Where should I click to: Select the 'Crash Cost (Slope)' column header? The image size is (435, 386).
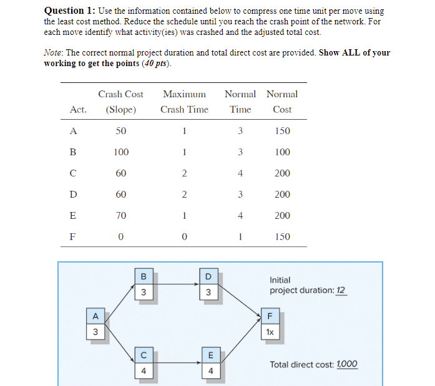coord(120,102)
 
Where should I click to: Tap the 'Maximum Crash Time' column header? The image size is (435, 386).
coord(184,102)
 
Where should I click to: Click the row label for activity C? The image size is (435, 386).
coord(74,173)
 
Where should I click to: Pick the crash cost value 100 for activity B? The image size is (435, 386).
coord(121,152)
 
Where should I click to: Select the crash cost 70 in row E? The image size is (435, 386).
coord(121,216)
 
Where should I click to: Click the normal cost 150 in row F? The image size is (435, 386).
coord(282,237)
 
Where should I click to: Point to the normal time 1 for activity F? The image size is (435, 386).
coord(240,237)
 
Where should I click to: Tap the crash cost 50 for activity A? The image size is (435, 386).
coord(121,131)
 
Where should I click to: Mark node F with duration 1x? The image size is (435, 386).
coord(270,326)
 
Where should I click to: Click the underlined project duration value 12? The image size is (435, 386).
coord(341,291)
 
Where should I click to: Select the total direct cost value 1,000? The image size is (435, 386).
coord(347,364)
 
